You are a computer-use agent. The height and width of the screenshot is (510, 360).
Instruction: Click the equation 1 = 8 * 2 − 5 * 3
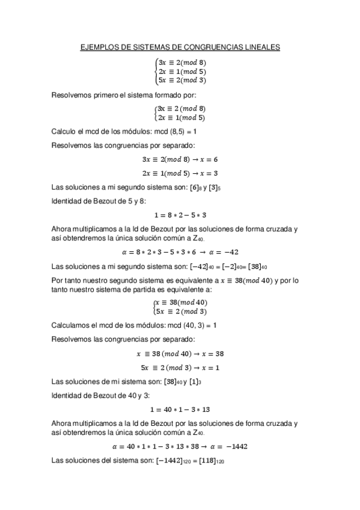pyautogui.click(x=180, y=214)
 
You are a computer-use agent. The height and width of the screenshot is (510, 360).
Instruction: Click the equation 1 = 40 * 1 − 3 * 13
pyautogui.click(x=180, y=408)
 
